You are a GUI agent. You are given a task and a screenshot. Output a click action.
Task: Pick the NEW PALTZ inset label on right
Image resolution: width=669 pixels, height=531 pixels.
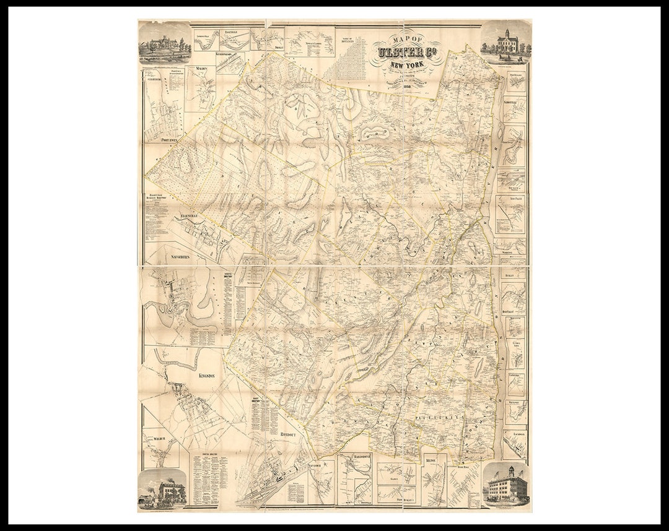pos(514,199)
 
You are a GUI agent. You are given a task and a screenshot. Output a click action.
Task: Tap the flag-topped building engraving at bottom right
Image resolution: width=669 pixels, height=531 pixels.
pos(506,485)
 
